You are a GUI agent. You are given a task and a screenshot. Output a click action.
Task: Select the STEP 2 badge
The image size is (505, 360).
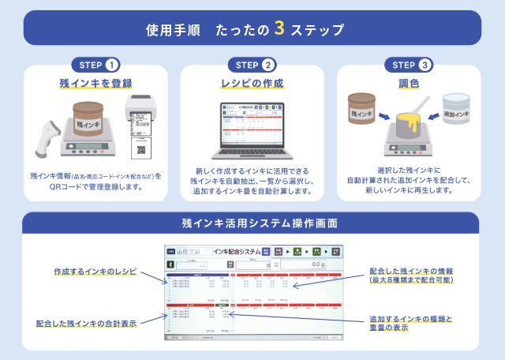252,65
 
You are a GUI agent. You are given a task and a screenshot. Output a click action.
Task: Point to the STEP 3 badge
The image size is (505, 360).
409,65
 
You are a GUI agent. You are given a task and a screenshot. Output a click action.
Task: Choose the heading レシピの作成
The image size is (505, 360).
252,84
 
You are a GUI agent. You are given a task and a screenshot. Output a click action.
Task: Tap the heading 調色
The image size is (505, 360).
409,84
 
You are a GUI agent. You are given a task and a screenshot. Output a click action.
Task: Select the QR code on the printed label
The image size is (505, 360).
142,149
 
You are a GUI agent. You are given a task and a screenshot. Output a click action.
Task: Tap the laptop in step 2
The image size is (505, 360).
252,130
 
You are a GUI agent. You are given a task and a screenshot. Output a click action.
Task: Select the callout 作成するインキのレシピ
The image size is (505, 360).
95,271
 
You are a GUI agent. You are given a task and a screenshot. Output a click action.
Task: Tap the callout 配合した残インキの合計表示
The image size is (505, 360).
88,323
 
